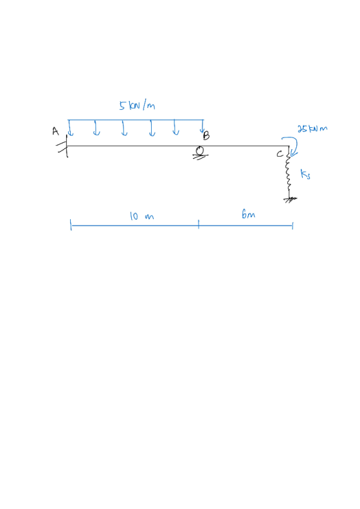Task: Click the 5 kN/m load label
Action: coord(137,105)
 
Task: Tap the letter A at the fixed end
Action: coord(55,131)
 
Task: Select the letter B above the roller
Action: coord(206,136)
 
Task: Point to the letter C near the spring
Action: coord(280,154)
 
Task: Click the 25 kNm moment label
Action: coord(312,129)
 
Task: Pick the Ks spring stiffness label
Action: coord(305,174)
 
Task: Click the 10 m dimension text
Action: coord(141,216)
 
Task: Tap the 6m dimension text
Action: coord(248,214)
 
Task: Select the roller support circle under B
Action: coord(200,150)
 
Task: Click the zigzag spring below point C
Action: coord(288,172)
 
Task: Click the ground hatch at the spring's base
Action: coord(290,199)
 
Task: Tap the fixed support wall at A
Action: coord(66,147)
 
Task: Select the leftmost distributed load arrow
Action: coord(70,128)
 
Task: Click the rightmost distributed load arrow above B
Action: coord(203,126)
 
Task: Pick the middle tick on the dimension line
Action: coord(199,224)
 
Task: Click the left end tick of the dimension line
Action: coord(71,225)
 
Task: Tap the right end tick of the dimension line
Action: coord(292,226)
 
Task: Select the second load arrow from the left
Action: coord(96,128)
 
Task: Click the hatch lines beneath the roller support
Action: coord(201,157)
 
